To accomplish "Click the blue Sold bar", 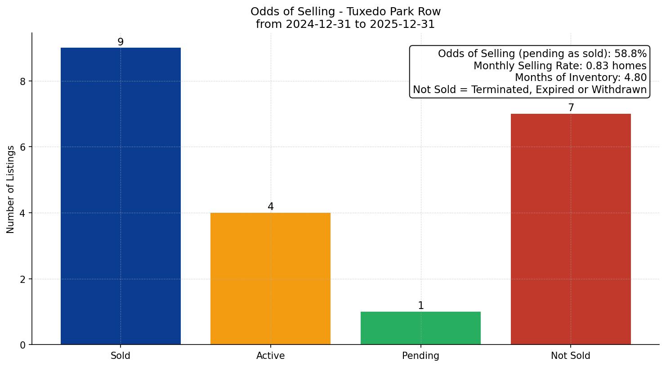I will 121,196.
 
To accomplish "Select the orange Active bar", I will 270,278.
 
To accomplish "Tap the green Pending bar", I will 420,328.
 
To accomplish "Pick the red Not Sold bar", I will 571,229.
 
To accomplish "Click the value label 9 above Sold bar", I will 121,42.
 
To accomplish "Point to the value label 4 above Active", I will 270,206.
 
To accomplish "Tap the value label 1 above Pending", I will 420,305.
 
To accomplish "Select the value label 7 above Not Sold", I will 571,107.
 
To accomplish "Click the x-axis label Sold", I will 121,356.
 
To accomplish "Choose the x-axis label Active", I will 270,356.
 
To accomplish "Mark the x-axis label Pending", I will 420,356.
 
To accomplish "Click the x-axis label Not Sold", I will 570,356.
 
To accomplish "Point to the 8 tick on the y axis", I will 23,81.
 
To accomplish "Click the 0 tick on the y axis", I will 23,345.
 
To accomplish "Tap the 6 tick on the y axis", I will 23,147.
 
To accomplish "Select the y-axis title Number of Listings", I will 11,189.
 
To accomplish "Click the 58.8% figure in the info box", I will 630,54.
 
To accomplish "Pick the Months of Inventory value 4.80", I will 635,78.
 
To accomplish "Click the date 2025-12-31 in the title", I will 402,24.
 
